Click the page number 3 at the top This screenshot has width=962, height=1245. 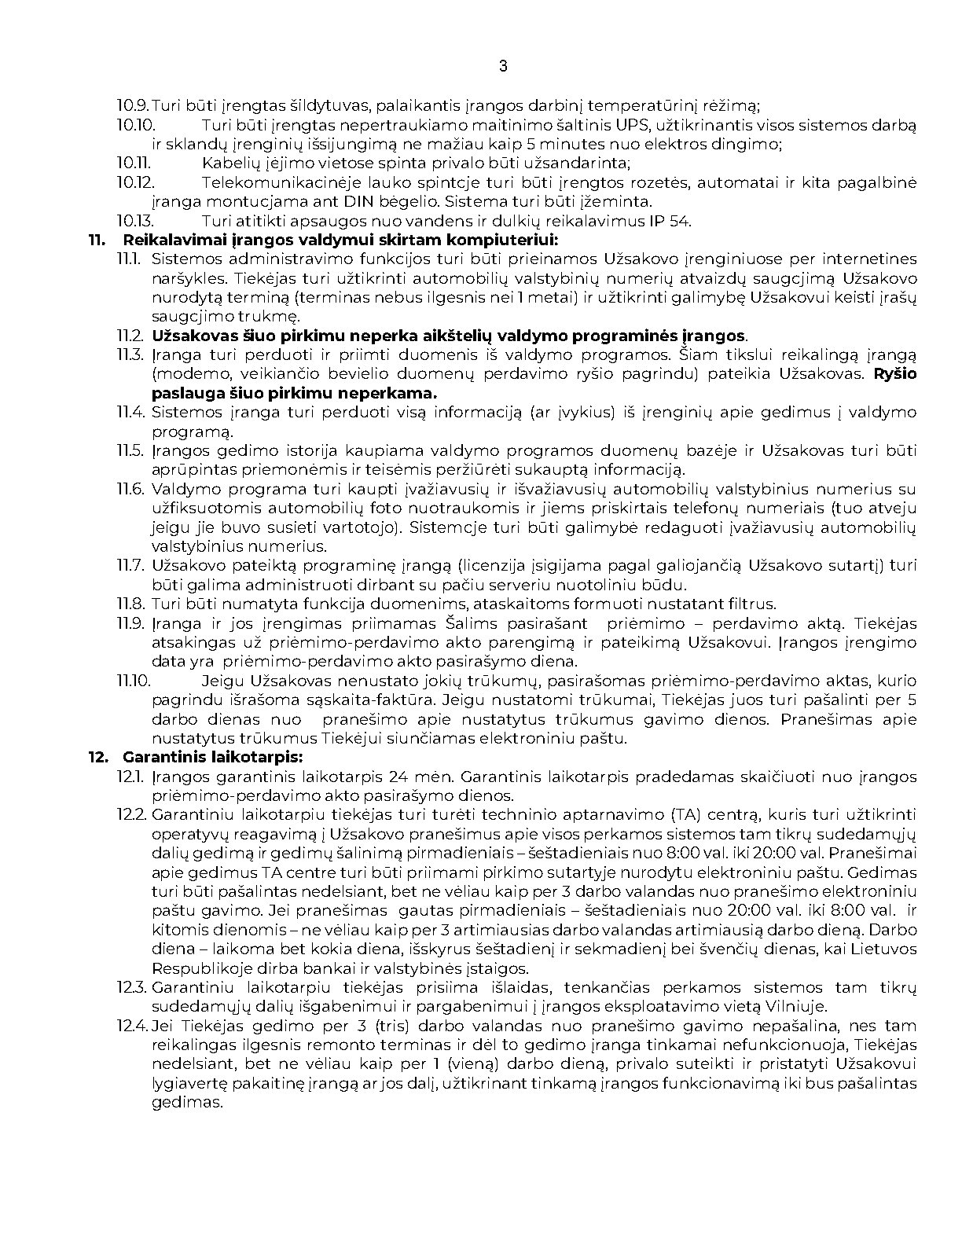point(503,66)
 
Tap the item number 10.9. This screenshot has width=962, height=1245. point(133,105)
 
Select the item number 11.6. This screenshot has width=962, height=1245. point(131,489)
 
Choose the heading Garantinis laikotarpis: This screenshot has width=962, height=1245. point(212,757)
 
